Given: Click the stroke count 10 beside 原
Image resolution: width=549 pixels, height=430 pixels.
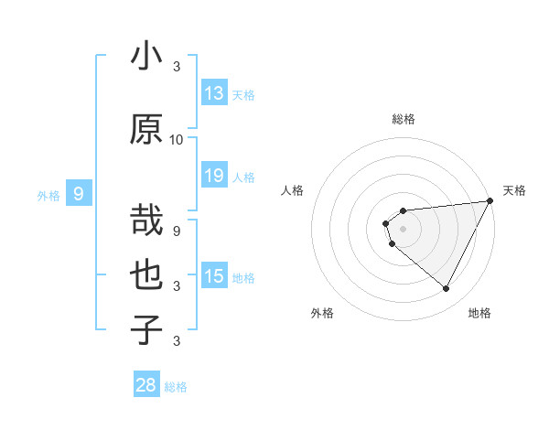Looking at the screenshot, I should tap(177, 139).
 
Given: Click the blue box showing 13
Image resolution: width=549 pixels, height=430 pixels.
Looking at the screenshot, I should tap(214, 93).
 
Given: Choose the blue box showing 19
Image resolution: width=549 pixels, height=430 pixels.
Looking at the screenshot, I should tap(214, 176).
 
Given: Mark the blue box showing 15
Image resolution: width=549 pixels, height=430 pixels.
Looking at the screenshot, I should tap(214, 276).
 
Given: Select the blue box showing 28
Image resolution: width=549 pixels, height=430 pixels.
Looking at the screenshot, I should tap(146, 385).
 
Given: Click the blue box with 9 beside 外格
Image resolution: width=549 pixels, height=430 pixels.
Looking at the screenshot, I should tap(79, 194).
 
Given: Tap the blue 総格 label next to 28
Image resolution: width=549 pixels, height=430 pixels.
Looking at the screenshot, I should tap(176, 387).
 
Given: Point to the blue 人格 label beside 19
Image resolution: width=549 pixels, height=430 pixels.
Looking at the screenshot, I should tap(243, 177).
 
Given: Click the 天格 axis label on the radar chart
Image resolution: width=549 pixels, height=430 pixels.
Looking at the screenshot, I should tap(514, 190).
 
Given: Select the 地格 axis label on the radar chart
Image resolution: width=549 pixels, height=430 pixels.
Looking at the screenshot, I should tap(479, 313).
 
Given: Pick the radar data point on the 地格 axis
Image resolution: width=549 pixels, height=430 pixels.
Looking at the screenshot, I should tap(447, 289).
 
